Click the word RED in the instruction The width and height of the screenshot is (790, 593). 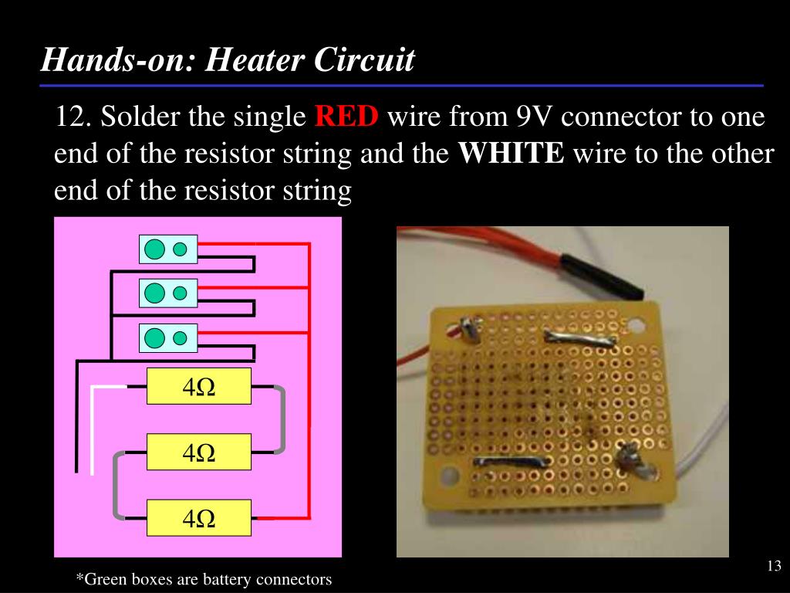346,118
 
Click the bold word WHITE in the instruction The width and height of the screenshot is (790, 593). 511,154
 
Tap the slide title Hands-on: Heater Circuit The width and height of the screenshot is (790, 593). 228,59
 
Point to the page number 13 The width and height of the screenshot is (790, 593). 775,567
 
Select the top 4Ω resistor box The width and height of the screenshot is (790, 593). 199,386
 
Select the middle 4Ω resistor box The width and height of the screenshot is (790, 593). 199,452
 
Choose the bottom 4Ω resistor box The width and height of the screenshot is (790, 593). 199,518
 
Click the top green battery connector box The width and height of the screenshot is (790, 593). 168,249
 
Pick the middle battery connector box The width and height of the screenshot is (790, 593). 168,293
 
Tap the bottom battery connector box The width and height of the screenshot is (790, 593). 168,338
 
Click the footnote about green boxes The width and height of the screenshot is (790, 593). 204,579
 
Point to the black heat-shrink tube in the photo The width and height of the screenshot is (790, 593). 601,275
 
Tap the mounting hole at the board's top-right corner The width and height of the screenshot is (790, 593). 638,325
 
